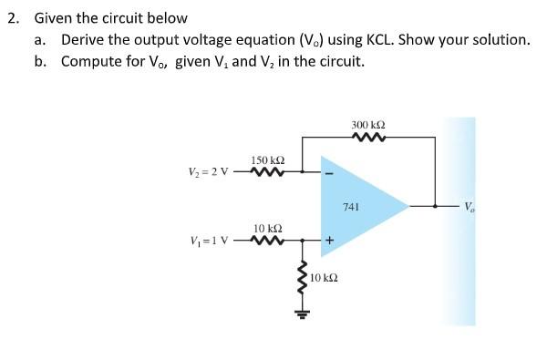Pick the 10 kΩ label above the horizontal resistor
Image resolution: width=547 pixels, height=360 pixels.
point(268,228)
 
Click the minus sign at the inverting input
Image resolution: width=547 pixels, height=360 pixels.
point(329,172)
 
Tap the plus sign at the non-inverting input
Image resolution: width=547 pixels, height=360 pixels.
point(329,242)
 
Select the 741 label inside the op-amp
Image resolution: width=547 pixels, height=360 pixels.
point(351,208)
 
